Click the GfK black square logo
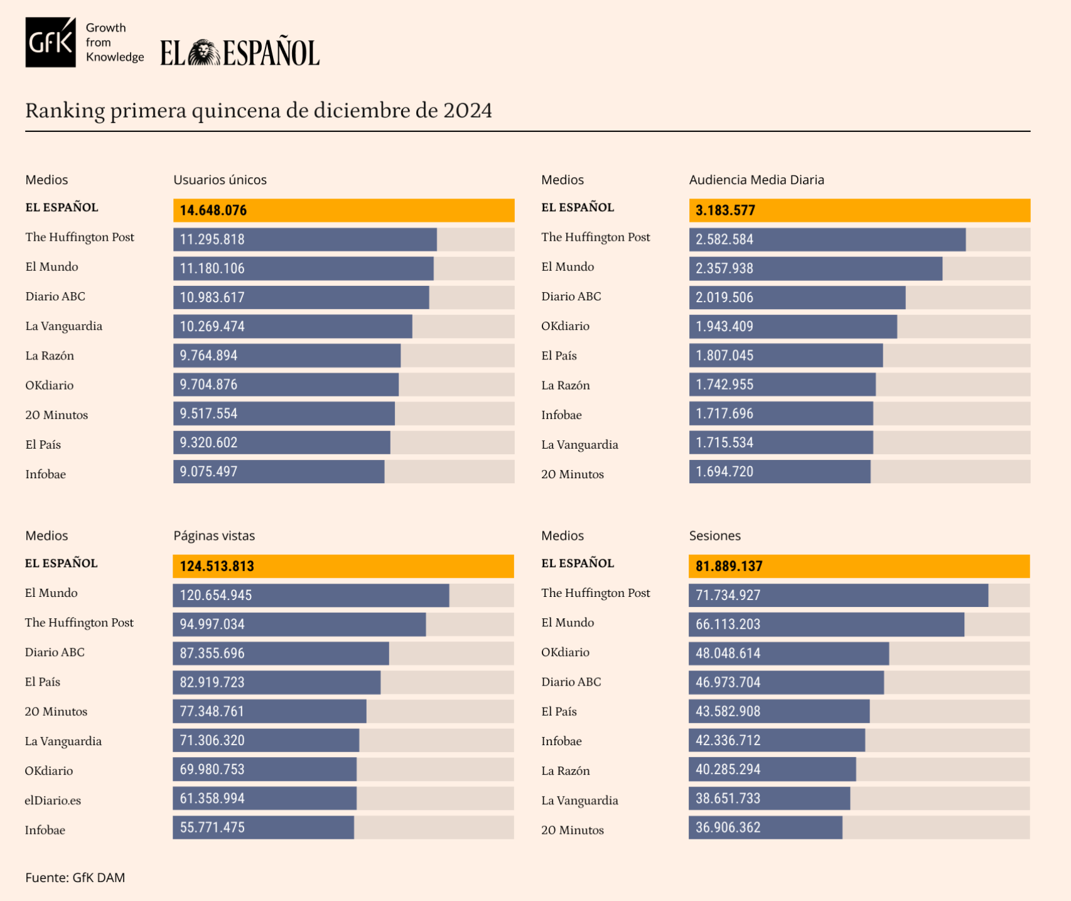[x=50, y=42]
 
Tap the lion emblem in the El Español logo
[x=203, y=53]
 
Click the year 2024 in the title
[x=467, y=111]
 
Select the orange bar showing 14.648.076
[x=343, y=210]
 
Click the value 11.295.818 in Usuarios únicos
[x=212, y=239]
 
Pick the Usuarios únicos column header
[x=220, y=180]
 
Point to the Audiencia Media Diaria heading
[x=756, y=180]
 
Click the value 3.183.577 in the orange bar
[x=725, y=210]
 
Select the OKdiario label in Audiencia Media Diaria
[x=565, y=326]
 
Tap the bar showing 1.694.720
[x=779, y=472]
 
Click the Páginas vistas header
[x=214, y=536]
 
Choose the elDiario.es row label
[x=53, y=800]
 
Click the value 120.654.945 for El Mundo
[x=215, y=595]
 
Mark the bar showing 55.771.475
[x=263, y=827]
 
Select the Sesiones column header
[x=714, y=536]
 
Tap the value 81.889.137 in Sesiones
[x=729, y=566]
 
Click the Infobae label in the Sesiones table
[x=561, y=741]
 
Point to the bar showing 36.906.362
[x=765, y=827]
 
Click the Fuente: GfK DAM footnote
[x=75, y=878]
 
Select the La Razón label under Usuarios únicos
[x=50, y=356]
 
